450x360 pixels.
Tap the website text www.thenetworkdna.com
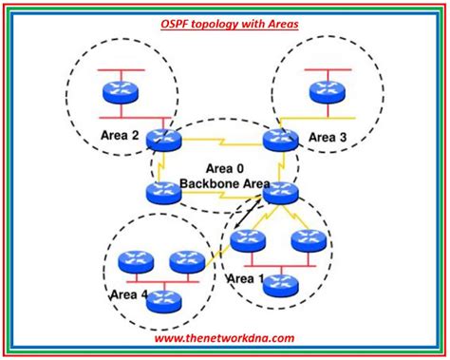[225, 336]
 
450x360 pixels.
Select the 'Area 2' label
[120, 136]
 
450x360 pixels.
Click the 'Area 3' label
[329, 137]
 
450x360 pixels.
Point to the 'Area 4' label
[130, 295]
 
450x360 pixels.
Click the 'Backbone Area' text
[224, 183]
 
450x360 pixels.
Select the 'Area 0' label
[225, 168]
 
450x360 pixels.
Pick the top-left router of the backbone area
[164, 140]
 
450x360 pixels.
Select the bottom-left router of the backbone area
[163, 194]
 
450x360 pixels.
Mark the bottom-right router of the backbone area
[279, 193]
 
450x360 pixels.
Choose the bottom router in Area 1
[276, 281]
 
